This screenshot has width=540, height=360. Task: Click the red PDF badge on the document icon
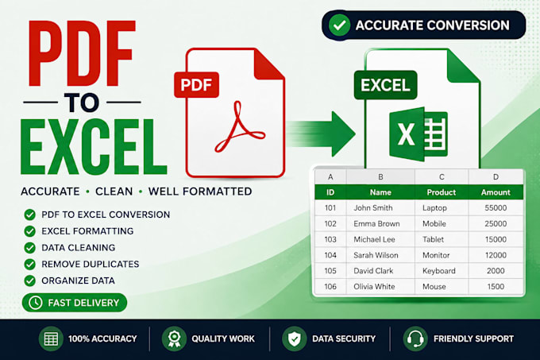(196, 85)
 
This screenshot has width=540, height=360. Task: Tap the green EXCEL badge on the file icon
(385, 85)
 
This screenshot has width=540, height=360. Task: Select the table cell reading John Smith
(373, 207)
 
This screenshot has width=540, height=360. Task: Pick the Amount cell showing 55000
(496, 207)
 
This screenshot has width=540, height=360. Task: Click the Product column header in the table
(442, 192)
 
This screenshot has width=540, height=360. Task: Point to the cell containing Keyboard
(438, 271)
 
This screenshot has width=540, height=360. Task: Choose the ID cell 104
(330, 255)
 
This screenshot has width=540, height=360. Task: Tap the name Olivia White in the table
(374, 286)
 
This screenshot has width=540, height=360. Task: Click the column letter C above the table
(442, 176)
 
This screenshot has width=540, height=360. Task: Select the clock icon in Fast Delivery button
(36, 303)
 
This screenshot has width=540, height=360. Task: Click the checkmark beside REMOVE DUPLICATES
(30, 264)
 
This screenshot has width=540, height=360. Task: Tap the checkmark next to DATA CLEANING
(30, 248)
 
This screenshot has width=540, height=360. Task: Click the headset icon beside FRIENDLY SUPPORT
(415, 339)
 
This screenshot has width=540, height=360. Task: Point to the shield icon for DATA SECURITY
(295, 339)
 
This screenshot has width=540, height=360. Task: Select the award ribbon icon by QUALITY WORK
(174, 339)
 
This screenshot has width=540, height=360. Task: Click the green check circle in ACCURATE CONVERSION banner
(339, 25)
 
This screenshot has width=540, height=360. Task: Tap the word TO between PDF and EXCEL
(82, 103)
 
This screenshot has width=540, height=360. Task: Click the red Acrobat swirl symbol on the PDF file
(240, 127)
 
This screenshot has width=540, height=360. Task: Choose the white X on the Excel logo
(406, 134)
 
